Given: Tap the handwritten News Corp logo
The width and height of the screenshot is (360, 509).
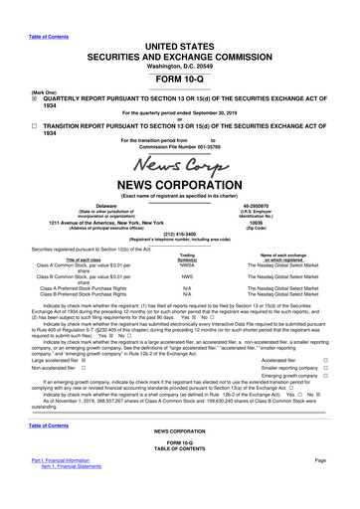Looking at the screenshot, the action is point(179,160).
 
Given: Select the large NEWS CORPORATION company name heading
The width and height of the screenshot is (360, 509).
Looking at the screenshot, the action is point(179,185).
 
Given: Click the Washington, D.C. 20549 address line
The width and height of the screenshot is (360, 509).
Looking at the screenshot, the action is point(179,37).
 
